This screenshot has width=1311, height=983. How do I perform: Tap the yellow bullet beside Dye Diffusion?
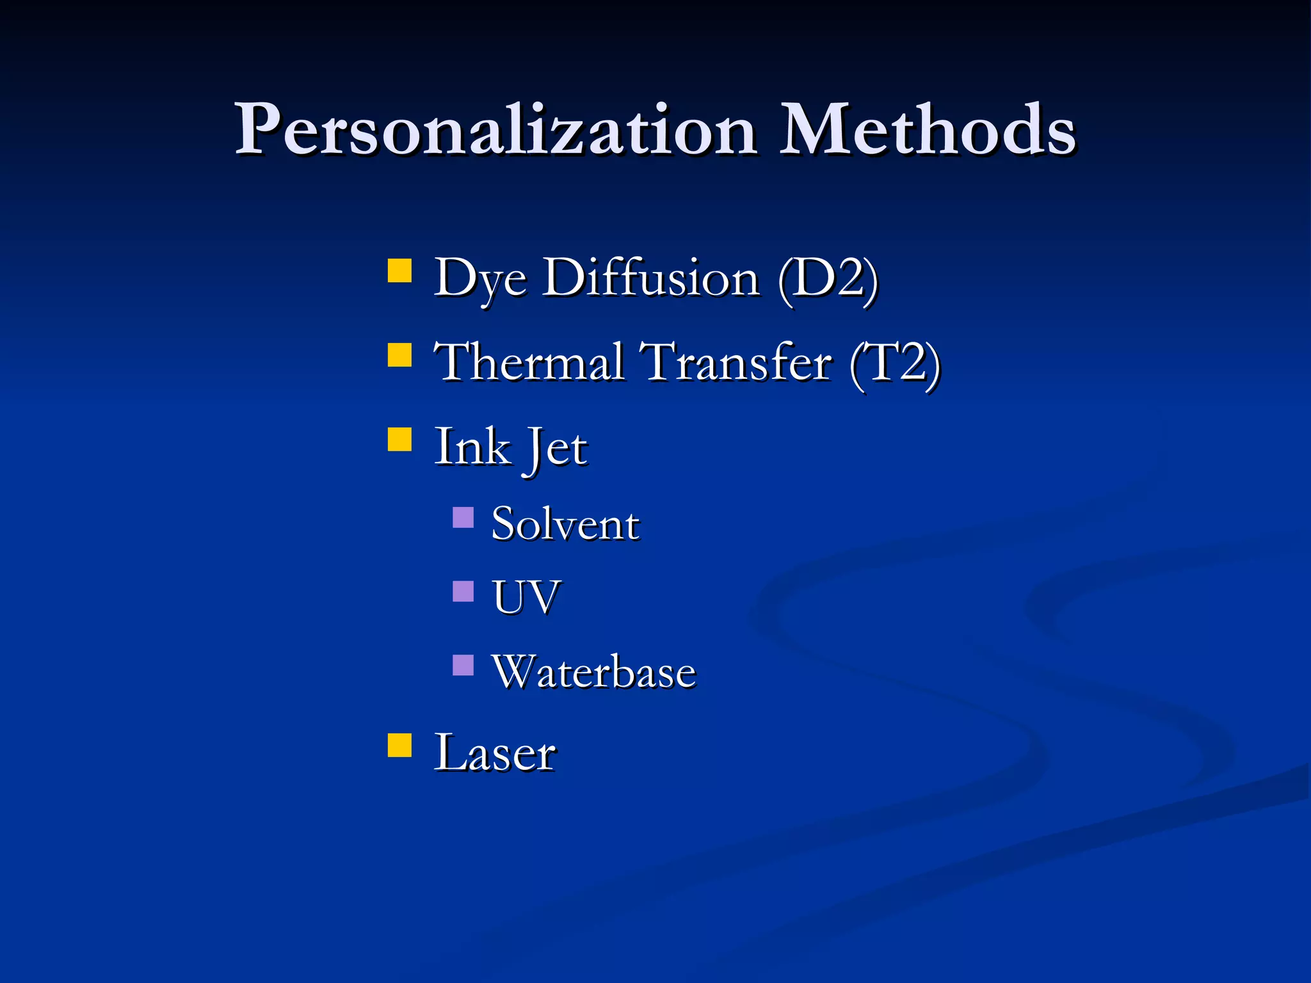tap(399, 270)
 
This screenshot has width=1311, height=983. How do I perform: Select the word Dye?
tap(480, 279)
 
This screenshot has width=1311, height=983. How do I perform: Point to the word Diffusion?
tap(652, 278)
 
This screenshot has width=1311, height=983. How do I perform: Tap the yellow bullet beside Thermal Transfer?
tap(399, 355)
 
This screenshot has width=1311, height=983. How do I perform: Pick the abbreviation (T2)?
tap(895, 364)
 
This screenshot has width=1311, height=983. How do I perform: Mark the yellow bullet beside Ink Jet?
tap(399, 440)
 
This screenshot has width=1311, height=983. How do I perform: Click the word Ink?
tap(472, 447)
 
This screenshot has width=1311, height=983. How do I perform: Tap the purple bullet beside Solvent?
tap(463, 517)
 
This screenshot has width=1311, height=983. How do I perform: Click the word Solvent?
tap(565, 524)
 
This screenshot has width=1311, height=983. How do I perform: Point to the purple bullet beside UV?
tap(463, 591)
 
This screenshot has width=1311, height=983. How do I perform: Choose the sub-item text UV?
tap(526, 598)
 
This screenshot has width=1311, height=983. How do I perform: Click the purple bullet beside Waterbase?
tap(463, 665)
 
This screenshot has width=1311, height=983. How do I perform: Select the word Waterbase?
tap(593, 672)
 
